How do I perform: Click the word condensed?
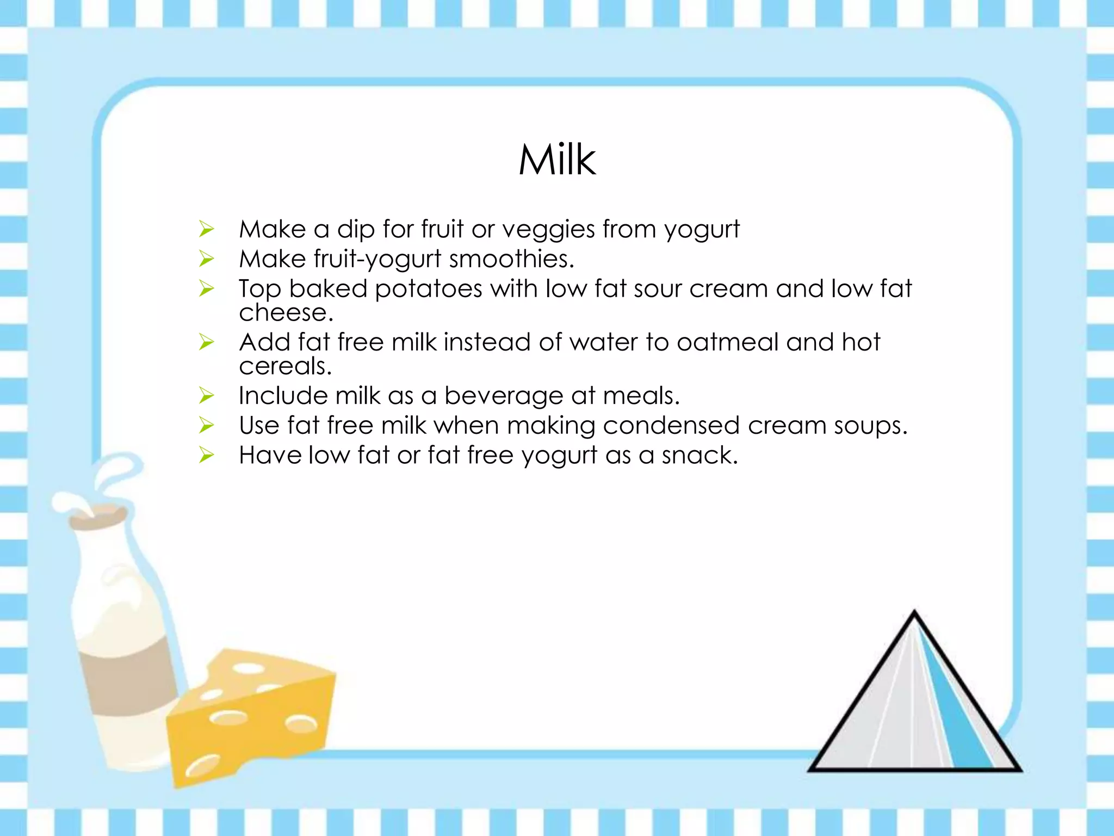coord(671,426)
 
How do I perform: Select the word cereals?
coord(285,366)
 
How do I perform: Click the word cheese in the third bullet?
coord(285,313)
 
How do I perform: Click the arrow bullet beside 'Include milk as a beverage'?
coord(207,396)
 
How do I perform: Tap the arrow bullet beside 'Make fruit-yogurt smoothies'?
coord(207,259)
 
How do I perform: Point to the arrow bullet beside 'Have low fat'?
coord(207,455)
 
